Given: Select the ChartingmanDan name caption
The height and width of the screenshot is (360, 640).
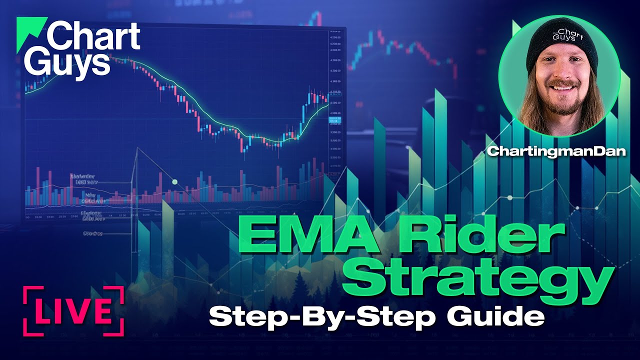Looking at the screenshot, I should [x=556, y=151].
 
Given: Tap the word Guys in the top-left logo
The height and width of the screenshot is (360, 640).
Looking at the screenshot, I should [x=68, y=64].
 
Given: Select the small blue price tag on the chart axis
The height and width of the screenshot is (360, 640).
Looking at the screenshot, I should [x=333, y=120].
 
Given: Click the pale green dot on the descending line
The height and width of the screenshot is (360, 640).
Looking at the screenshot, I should [x=174, y=181].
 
